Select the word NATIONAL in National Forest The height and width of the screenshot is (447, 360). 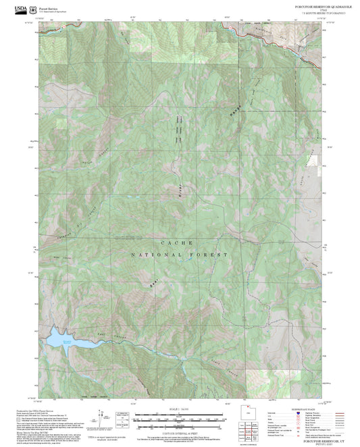click(153, 255)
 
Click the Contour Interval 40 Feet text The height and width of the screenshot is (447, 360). click(178, 431)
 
